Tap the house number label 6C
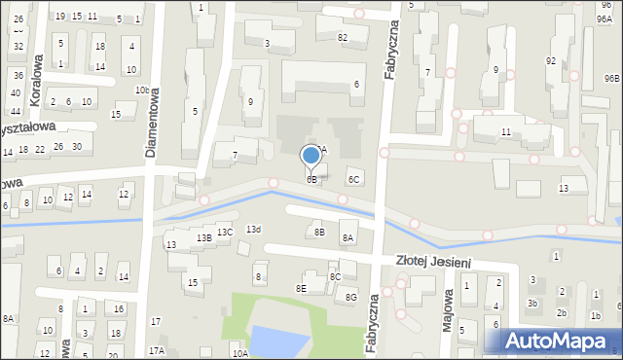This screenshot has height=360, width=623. click(354, 179)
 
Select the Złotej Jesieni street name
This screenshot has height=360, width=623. click(447, 261)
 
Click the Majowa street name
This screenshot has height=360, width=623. click(448, 309)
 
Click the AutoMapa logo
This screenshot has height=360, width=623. click(560, 341)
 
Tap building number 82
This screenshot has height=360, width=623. click(342, 37)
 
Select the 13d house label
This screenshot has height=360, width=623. click(253, 230)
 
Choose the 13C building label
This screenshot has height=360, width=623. click(225, 233)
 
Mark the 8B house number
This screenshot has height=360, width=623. click(318, 232)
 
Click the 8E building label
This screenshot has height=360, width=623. click(302, 288)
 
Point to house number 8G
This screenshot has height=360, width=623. click(351, 297)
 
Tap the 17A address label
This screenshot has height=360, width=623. click(156, 350)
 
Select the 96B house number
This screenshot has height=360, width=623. click(611, 78)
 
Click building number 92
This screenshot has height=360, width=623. click(551, 60)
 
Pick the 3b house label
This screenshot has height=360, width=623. click(531, 304)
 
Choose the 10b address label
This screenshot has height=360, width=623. click(142, 90)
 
